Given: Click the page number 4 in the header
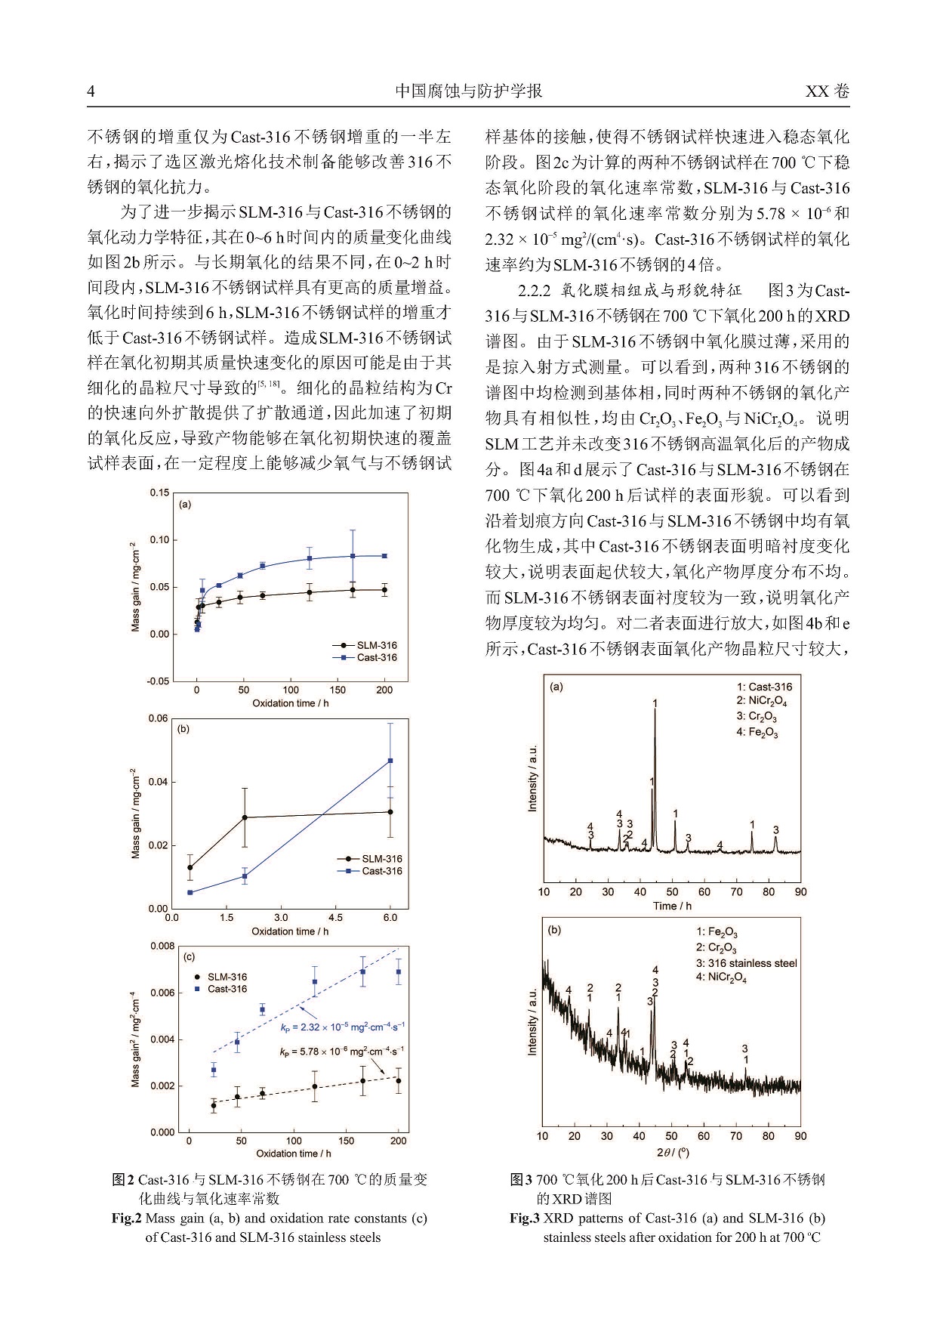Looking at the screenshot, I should [91, 91].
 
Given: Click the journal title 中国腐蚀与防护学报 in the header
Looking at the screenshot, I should [468, 91].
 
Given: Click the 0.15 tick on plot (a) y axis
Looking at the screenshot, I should [159, 493].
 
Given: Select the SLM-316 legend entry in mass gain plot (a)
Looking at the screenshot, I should [376, 645].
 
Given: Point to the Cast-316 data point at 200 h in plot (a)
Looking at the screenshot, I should [384, 556].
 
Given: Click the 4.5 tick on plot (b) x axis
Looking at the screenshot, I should [335, 918].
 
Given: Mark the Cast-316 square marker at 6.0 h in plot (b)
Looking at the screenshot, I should [390, 761].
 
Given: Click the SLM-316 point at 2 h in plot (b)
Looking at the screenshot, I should [245, 817].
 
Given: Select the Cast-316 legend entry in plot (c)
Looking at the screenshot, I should [227, 989].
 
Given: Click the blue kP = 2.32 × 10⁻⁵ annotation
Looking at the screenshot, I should [342, 1026].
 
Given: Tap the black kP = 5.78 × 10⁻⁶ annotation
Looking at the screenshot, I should [341, 1051].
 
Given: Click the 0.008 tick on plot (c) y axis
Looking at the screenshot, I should [162, 946].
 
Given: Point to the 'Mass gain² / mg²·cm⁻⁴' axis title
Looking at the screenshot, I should [135, 1039].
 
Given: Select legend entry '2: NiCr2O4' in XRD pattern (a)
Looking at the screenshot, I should [762, 702].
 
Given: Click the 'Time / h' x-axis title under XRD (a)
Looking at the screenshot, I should [672, 906].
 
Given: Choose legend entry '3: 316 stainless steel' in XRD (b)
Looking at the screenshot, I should [746, 963].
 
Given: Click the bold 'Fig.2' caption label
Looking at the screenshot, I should [127, 1218].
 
